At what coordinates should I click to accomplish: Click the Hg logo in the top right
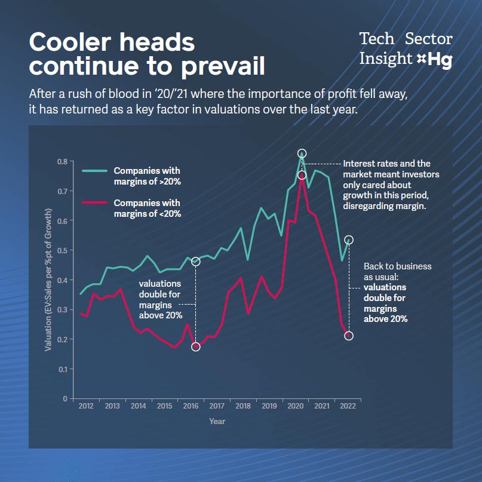pos(440,60)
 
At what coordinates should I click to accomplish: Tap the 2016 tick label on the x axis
pos(191,406)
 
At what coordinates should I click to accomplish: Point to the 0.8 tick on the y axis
pos(62,162)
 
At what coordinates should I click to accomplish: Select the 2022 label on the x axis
pos(348,406)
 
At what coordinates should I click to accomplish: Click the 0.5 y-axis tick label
pos(62,251)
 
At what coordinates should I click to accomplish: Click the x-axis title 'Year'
pos(217,421)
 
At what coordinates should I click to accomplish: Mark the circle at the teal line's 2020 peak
pos(302,154)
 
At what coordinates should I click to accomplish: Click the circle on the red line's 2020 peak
pos(302,175)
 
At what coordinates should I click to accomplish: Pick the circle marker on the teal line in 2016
pos(195,262)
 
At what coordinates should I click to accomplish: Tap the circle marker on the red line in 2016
pos(195,346)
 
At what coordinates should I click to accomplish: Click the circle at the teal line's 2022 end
pos(349,240)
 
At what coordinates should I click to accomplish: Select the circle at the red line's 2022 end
pos(349,336)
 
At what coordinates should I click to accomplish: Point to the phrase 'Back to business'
pos(398,266)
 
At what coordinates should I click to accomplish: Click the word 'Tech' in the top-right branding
pos(377,39)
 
